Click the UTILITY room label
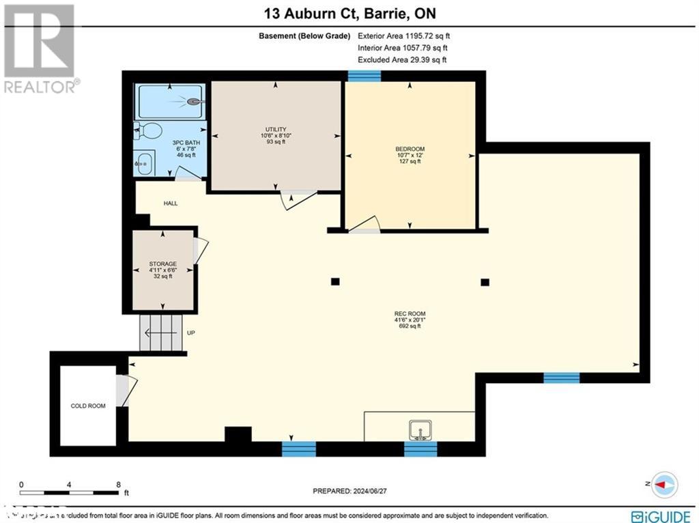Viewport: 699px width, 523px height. [x=276, y=129]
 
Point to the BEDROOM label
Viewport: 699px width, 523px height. [x=410, y=149]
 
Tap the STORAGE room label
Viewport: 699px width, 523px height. [x=162, y=264]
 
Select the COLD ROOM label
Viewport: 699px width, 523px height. [x=88, y=406]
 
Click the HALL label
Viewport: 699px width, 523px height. [x=171, y=203]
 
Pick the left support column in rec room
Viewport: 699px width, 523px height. [x=334, y=281]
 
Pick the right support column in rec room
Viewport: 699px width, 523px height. [x=485, y=281]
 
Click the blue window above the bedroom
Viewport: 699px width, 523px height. [x=364, y=75]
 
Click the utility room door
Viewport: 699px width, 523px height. [x=298, y=199]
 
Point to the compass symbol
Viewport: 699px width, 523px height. [x=664, y=483]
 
